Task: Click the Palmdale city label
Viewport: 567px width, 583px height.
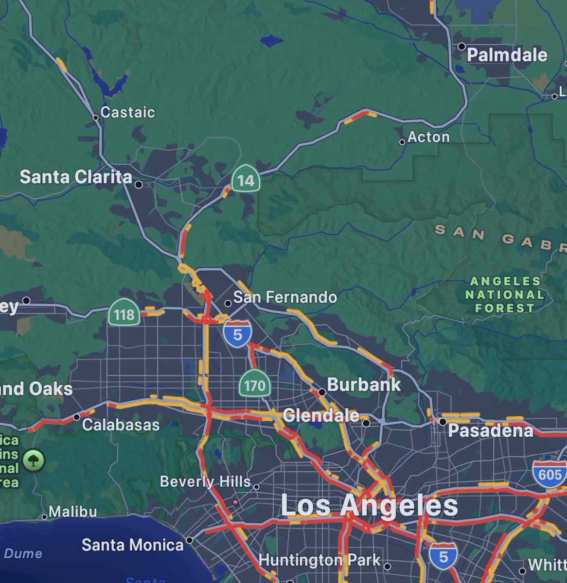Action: (507, 55)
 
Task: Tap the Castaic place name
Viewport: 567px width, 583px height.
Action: (127, 112)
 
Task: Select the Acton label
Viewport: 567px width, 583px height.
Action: (428, 137)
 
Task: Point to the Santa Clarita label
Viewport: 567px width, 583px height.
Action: (75, 177)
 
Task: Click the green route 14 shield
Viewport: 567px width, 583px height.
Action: (246, 180)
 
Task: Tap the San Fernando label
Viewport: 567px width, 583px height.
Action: (285, 297)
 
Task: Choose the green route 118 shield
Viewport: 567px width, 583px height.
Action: (124, 314)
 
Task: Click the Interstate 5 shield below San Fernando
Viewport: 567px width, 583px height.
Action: (238, 334)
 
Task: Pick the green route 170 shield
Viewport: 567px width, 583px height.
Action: (254, 385)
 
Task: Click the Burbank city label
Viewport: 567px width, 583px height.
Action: (364, 385)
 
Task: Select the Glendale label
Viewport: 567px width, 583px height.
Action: (321, 415)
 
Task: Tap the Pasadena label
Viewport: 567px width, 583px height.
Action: (490, 430)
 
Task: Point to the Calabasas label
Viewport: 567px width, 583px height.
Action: (121, 425)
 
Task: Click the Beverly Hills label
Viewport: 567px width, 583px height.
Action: (205, 481)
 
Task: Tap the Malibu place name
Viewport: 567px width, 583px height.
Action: (72, 512)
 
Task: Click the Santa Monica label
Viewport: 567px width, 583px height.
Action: (132, 545)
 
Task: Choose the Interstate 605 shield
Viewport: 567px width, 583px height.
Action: (550, 474)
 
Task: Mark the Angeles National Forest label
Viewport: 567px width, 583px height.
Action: (505, 294)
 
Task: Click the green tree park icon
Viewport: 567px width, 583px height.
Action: (33, 460)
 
